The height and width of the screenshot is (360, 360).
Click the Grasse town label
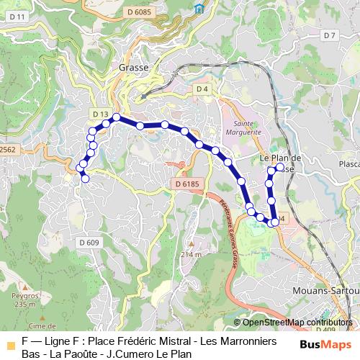click(132, 67)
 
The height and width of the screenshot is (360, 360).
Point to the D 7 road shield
click(329, 35)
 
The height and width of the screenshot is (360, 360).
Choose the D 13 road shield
click(100, 114)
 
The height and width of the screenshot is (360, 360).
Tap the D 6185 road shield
click(186, 185)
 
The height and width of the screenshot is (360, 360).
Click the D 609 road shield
click(89, 243)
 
